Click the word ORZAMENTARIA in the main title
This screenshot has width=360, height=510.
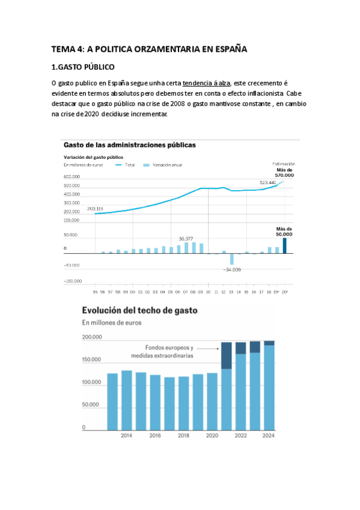tap(155, 49)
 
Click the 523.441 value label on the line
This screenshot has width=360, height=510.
tap(267, 182)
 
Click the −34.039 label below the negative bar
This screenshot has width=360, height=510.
tap(231, 269)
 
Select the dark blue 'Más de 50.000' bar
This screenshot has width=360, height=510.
tap(285, 245)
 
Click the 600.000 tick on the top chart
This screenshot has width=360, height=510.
tap(72, 176)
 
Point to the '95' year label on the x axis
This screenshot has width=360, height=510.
tap(95, 292)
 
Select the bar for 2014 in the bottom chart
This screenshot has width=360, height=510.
tap(126, 399)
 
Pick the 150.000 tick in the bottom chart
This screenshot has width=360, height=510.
tap(91, 360)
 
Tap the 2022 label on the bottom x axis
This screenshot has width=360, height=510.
tap(240, 435)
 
